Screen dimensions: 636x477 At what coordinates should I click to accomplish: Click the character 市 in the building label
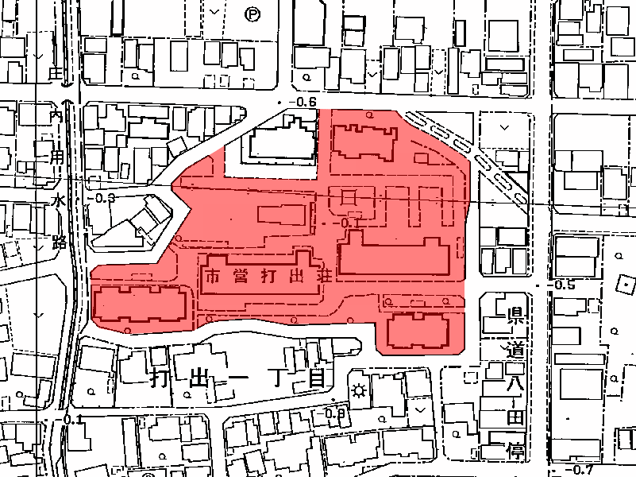click(212, 277)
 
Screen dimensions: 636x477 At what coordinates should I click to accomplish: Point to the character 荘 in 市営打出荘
click(323, 277)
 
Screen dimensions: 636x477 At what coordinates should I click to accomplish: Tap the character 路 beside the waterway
click(59, 241)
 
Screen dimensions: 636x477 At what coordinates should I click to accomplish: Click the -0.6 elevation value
click(305, 103)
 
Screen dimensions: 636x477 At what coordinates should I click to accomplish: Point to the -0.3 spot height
click(104, 198)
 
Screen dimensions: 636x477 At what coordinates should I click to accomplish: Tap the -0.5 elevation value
click(565, 285)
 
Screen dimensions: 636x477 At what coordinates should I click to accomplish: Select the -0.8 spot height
click(336, 413)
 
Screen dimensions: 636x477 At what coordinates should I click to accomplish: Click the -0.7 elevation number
click(583, 470)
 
